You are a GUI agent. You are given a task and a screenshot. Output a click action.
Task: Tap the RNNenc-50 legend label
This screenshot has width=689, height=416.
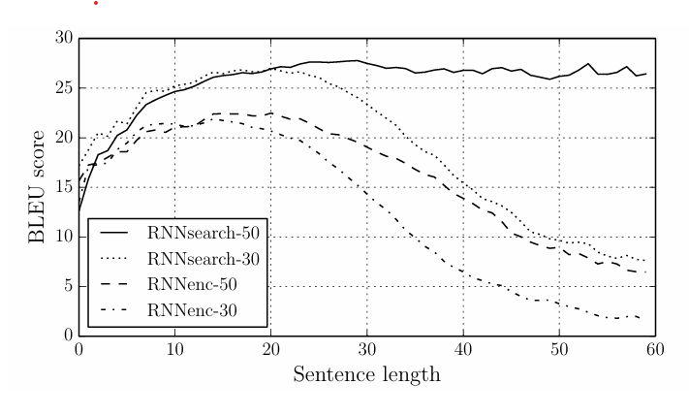click(201, 285)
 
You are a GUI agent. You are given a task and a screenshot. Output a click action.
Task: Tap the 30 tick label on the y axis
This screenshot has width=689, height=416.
click(64, 38)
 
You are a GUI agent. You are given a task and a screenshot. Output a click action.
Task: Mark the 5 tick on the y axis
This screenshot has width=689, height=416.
click(68, 286)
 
